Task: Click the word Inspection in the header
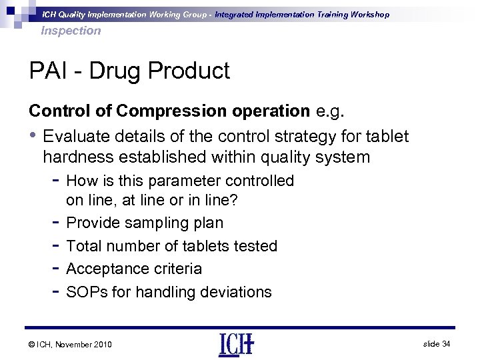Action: pos(71,31)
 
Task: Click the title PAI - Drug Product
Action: pos(129,71)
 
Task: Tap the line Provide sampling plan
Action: pos(145,223)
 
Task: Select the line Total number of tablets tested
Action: pos(172,246)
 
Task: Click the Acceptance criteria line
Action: pos(134,269)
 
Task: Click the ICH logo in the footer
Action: pos(235,344)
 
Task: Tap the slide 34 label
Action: pos(437,343)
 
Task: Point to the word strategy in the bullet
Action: pos(294,137)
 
